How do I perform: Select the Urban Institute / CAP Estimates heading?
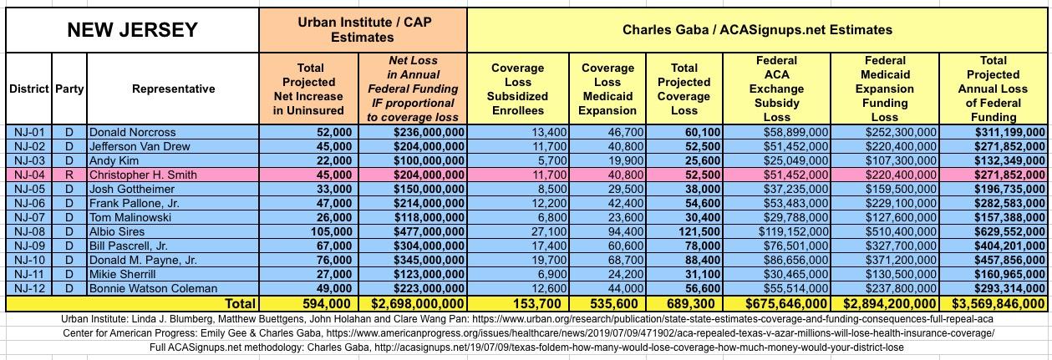click(x=363, y=30)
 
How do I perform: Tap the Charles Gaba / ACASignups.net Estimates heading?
click(x=757, y=30)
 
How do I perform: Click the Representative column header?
click(x=173, y=89)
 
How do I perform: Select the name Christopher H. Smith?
click(x=143, y=175)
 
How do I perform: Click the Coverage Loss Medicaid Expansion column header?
click(x=607, y=89)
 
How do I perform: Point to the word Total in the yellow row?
click(x=238, y=304)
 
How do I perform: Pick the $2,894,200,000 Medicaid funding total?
click(x=887, y=304)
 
